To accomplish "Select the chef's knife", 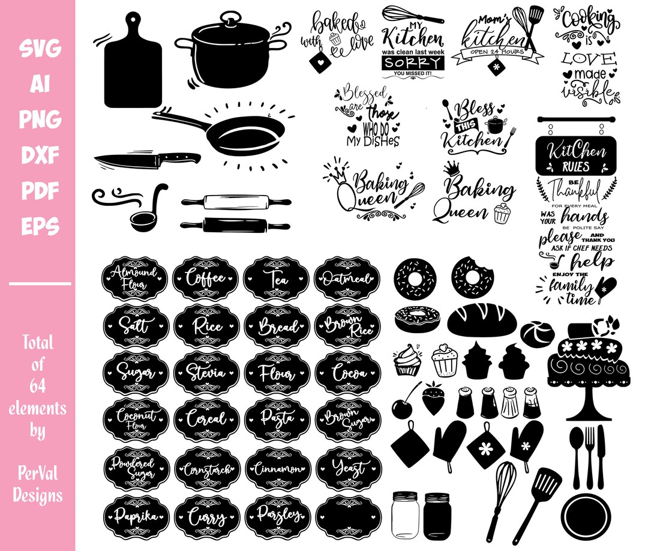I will [147, 160].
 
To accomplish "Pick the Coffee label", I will [206, 279].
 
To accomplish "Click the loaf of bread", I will [482, 320].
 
